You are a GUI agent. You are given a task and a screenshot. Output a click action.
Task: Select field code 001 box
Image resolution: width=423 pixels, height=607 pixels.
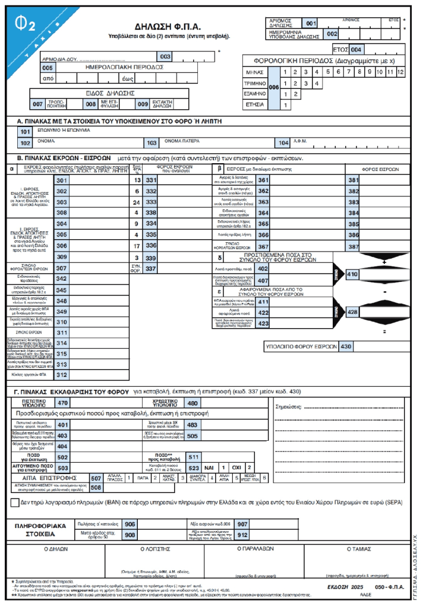(x=310, y=23)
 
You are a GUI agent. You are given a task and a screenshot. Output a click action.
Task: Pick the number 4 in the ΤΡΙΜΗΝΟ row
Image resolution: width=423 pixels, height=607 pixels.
(x=317, y=83)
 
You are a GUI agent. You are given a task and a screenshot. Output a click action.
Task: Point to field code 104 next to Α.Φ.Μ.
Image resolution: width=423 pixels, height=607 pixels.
(x=283, y=143)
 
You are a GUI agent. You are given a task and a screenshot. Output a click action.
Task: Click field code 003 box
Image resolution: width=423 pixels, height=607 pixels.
(x=163, y=56)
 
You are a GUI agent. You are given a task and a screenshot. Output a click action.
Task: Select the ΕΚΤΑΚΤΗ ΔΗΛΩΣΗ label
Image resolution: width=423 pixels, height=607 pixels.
(x=162, y=104)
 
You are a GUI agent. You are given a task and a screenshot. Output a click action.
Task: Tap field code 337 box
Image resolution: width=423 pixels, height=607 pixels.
(x=151, y=268)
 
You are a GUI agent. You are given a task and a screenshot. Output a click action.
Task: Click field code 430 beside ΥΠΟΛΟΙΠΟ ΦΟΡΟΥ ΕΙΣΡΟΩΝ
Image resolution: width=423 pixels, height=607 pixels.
(x=362, y=347)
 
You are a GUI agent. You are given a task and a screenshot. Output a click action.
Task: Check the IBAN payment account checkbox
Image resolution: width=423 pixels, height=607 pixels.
(x=15, y=503)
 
